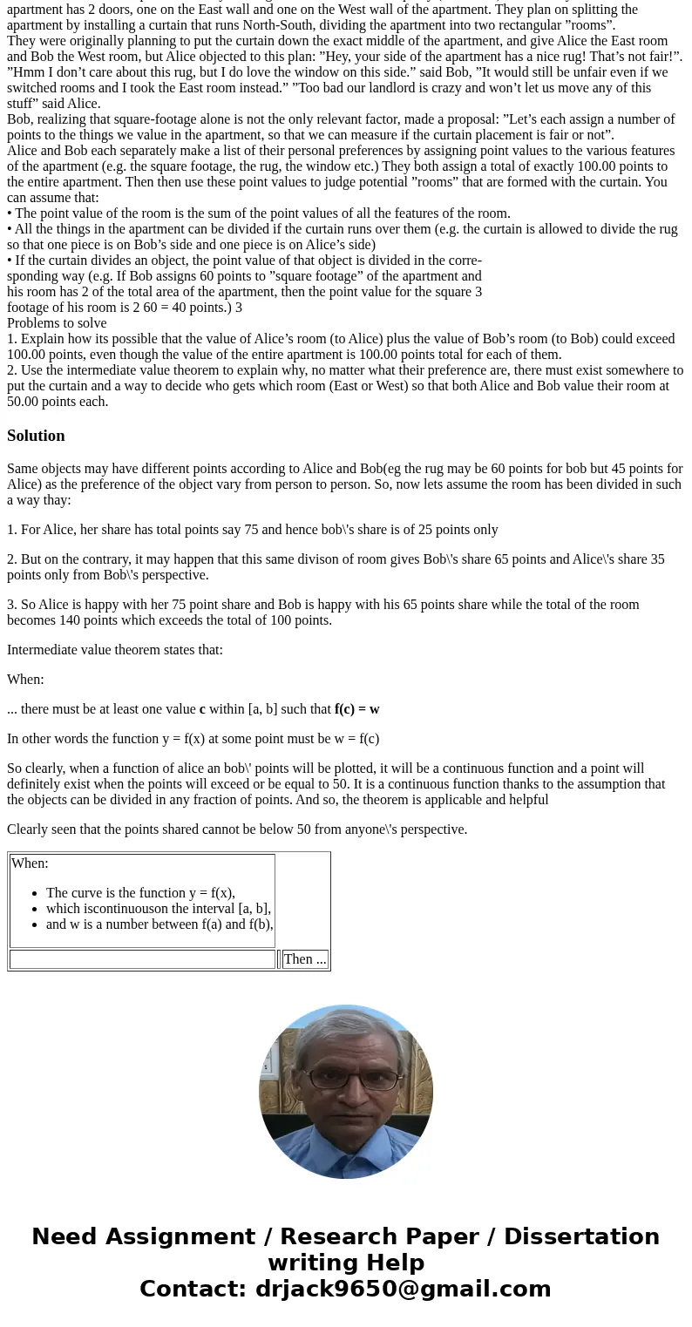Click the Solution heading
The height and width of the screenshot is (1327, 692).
[36, 436]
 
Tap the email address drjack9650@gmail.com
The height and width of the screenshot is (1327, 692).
[403, 1289]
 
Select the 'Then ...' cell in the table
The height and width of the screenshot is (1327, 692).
[305, 959]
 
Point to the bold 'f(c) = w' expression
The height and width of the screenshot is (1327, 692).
[356, 709]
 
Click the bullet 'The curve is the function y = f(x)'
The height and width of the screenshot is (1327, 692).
[140, 893]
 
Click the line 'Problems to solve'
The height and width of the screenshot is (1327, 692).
[57, 323]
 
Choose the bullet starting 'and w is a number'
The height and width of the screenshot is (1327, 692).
[159, 924]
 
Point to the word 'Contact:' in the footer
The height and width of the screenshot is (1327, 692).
[193, 1289]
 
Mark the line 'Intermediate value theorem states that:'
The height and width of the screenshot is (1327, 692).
[115, 650]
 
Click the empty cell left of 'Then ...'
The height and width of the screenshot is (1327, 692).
[142, 959]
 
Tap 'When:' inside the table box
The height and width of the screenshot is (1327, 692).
[30, 863]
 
